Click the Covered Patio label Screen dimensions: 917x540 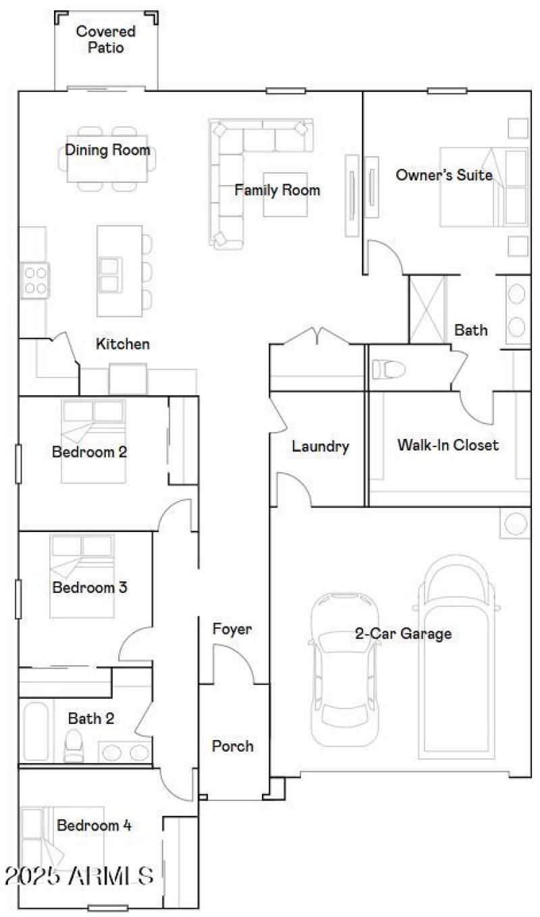click(x=105, y=40)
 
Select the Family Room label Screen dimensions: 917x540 click(x=277, y=190)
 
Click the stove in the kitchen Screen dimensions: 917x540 click(x=36, y=280)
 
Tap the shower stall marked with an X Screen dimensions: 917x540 click(x=428, y=309)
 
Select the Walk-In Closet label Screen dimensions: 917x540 click(x=448, y=445)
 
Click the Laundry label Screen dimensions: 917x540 click(x=320, y=446)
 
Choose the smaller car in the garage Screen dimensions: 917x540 click(x=344, y=669)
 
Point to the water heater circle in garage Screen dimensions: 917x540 click(x=515, y=524)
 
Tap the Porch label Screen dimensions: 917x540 click(x=233, y=746)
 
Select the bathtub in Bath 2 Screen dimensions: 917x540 click(x=36, y=732)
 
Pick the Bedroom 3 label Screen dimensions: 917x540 click(x=90, y=587)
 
